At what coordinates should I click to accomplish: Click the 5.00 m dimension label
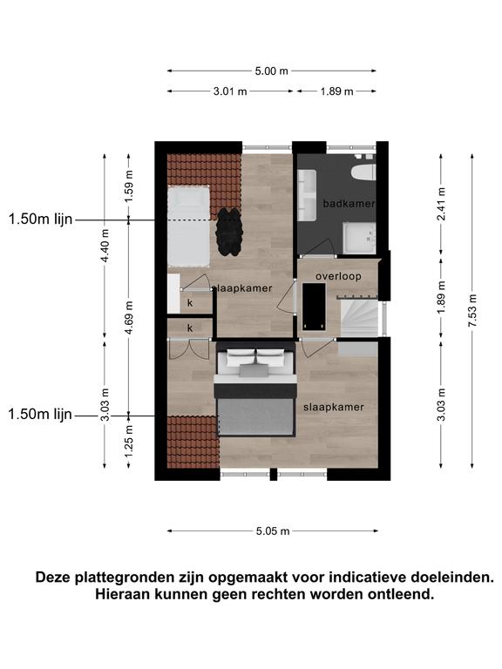[x=272, y=71]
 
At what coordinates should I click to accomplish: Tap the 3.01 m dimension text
[x=230, y=91]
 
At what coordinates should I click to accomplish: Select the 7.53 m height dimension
[x=472, y=311]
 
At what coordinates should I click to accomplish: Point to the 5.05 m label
[x=273, y=530]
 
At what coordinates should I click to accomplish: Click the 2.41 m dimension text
[x=441, y=204]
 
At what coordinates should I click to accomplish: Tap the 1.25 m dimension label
[x=129, y=441]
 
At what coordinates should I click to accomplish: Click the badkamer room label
[x=349, y=204]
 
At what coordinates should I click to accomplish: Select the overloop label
[x=338, y=276]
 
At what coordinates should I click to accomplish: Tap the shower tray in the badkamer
[x=359, y=238]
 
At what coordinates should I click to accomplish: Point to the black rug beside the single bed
[x=229, y=231]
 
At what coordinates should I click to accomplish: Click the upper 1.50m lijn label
[x=41, y=220]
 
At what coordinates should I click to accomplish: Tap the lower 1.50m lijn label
[x=40, y=414]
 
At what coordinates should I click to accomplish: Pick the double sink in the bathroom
[x=307, y=195]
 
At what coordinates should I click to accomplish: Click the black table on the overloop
[x=314, y=307]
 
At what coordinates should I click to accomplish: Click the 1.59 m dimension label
[x=129, y=186]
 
